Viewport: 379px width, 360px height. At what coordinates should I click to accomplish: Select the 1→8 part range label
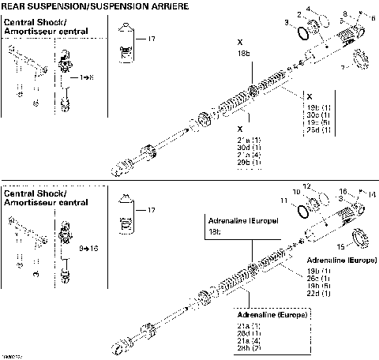pyautogui.click(x=74, y=78)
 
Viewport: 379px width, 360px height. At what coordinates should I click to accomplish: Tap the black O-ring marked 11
pyautogui.click(x=302, y=212)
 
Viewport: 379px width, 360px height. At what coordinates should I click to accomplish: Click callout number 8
pyautogui.click(x=345, y=13)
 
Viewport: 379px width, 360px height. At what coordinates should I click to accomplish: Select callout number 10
pyautogui.click(x=317, y=192)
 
